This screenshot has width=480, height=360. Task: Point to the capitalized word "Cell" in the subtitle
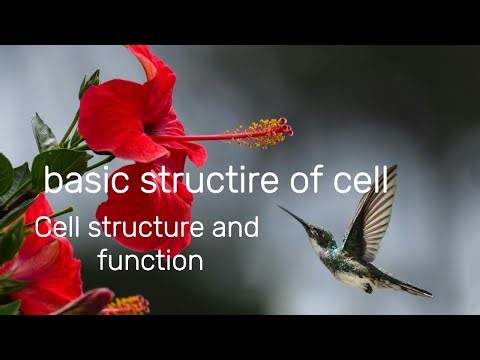[x=59, y=228]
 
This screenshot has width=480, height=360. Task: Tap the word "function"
[x=151, y=261]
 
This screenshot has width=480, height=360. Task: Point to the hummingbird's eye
[x=318, y=233]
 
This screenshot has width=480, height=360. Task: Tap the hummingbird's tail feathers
[x=408, y=286]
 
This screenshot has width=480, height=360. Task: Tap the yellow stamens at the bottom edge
[x=128, y=304]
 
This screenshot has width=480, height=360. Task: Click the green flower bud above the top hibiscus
[x=89, y=83]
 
